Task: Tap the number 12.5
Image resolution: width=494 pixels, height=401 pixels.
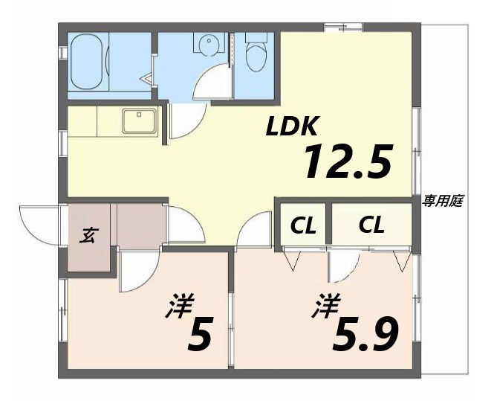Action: [x=346, y=161]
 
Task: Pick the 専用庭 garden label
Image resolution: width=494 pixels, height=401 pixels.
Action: [x=443, y=201]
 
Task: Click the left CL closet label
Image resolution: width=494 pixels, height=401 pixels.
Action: [x=302, y=225]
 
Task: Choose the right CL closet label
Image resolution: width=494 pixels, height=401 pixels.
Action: [x=371, y=225]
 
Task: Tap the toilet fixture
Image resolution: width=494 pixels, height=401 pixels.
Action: [x=256, y=54]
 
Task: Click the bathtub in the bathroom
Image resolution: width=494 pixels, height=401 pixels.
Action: [x=89, y=64]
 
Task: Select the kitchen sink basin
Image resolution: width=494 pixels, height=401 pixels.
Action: [x=138, y=120]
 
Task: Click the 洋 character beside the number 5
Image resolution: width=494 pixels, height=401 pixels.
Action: [x=178, y=307]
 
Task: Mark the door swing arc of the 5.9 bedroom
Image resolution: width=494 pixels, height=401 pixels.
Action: [x=343, y=268]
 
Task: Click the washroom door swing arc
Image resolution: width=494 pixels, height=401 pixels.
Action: [x=209, y=83]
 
